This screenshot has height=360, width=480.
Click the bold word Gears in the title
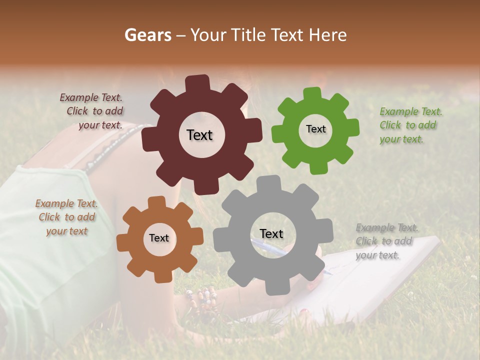point(147,35)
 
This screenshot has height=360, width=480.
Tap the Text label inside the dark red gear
point(199,135)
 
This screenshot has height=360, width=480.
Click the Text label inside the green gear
point(315,129)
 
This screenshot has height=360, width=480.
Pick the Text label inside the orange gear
point(159,238)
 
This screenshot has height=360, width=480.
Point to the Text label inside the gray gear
point(271,234)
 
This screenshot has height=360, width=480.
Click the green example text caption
point(410,125)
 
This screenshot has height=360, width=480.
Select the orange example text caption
point(66,217)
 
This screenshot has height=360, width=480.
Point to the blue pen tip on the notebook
point(328,272)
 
